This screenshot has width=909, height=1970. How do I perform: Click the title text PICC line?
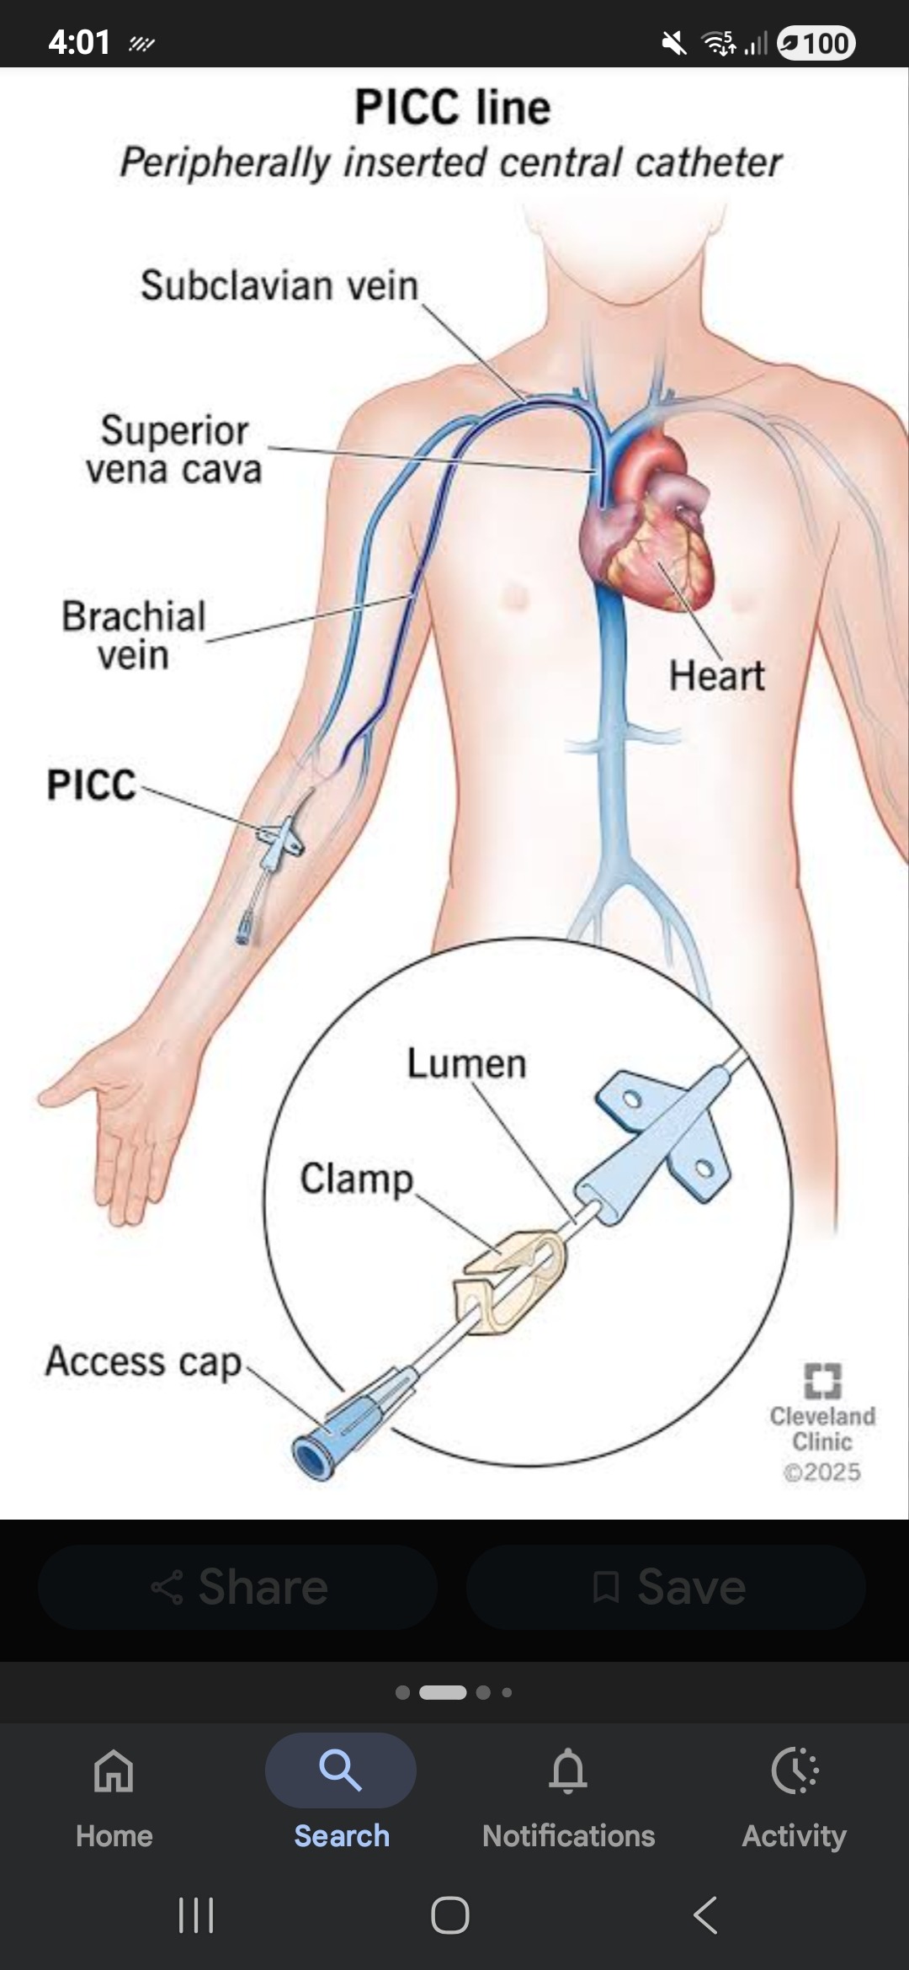click(453, 108)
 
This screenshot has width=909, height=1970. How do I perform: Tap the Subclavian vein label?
click(279, 285)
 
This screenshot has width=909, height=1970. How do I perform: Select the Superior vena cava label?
click(174, 450)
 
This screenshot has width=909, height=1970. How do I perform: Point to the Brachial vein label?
click(133, 636)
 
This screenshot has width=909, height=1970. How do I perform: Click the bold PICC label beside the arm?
click(91, 785)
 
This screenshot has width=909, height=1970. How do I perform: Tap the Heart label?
click(716, 675)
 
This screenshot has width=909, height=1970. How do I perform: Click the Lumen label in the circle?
click(466, 1063)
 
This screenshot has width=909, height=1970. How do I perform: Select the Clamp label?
click(357, 1179)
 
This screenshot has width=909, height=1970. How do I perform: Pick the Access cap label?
click(143, 1362)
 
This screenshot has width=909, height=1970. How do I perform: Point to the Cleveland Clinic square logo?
click(822, 1380)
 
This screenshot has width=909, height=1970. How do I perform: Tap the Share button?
click(238, 1587)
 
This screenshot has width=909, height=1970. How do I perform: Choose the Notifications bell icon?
click(568, 1770)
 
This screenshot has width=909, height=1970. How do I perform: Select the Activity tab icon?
click(794, 1770)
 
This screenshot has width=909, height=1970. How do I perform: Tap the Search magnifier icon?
click(341, 1770)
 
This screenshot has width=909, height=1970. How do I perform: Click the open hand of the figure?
click(118, 1128)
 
